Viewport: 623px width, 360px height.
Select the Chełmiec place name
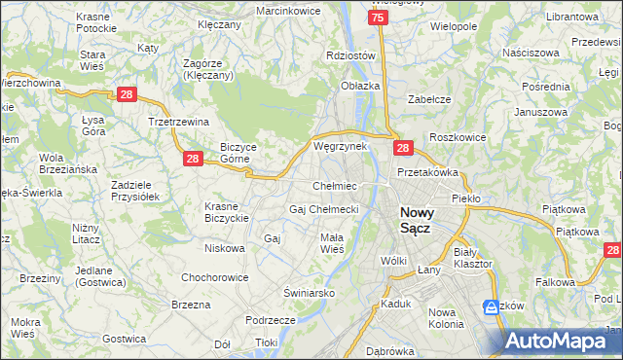pyautogui.click(x=334, y=186)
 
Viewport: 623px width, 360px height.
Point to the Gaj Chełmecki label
pyautogui.click(x=324, y=209)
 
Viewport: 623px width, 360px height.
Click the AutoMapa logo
pyautogui.click(x=563, y=341)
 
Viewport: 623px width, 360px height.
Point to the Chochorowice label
pyautogui.click(x=214, y=277)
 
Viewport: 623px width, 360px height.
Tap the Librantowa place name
pyautogui.click(x=571, y=18)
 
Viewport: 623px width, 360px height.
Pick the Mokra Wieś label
pyautogui.click(x=24, y=327)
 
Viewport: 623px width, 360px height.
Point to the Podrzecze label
pyautogui.click(x=271, y=320)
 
